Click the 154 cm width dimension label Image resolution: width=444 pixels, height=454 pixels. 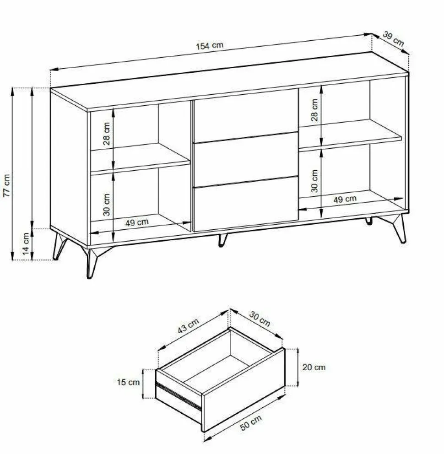coord(210,46)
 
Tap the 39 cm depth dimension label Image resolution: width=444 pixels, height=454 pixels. coord(393,39)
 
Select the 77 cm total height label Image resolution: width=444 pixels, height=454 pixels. coord(7,186)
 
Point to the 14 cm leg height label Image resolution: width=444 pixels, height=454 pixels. coord(26,244)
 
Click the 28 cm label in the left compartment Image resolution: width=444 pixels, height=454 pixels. coord(107,134)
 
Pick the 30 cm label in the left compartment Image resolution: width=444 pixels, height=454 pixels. coord(107,205)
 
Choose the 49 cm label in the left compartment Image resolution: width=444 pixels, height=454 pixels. coord(137,223)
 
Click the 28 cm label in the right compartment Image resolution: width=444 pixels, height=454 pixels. coord(314,110)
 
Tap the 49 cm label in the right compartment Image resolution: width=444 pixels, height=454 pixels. coord(345,199)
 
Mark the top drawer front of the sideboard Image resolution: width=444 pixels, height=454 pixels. coord(246,116)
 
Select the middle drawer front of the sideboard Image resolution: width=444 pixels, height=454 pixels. coord(246,160)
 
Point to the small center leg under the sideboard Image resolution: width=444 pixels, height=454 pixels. coord(222,240)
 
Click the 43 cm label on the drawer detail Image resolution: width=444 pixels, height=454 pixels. coord(188,326)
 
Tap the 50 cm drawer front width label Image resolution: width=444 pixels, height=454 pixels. coord(251,422)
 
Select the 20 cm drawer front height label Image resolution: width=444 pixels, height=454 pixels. coord(314,368)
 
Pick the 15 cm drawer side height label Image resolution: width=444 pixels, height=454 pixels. coord(128,382)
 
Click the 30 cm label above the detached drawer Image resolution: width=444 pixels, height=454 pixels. coord(260,319)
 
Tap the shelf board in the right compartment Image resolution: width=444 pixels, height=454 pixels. coord(350,135)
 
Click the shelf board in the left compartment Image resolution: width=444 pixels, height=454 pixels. coord(141,159)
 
